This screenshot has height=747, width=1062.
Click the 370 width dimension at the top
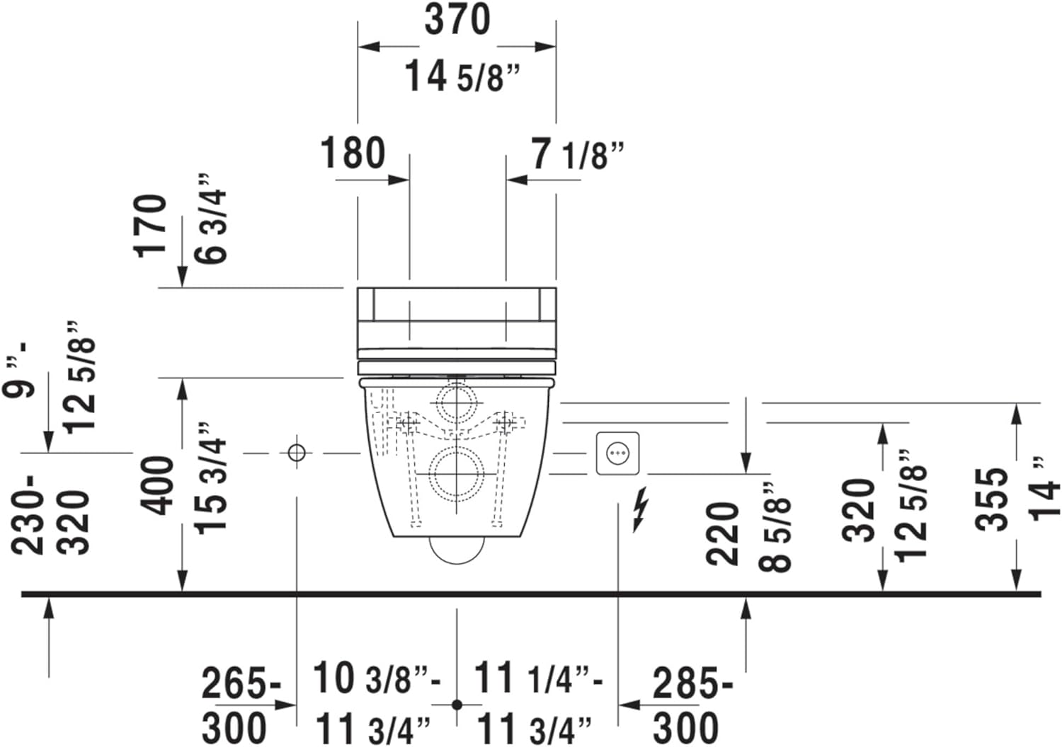tap(457, 19)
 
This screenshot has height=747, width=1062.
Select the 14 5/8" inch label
tap(462, 76)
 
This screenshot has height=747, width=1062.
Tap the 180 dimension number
tap(353, 152)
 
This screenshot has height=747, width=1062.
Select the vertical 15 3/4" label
tap(210, 478)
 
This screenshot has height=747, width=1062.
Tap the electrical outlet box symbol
tap(617, 453)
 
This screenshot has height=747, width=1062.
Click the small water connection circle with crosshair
tap(297, 453)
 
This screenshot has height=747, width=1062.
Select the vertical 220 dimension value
tap(723, 533)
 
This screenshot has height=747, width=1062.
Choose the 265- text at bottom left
tap(241, 683)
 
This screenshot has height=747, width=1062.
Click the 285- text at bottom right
tap(692, 683)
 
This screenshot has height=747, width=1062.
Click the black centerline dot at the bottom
tap(457, 705)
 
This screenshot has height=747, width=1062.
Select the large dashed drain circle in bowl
tap(457, 473)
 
